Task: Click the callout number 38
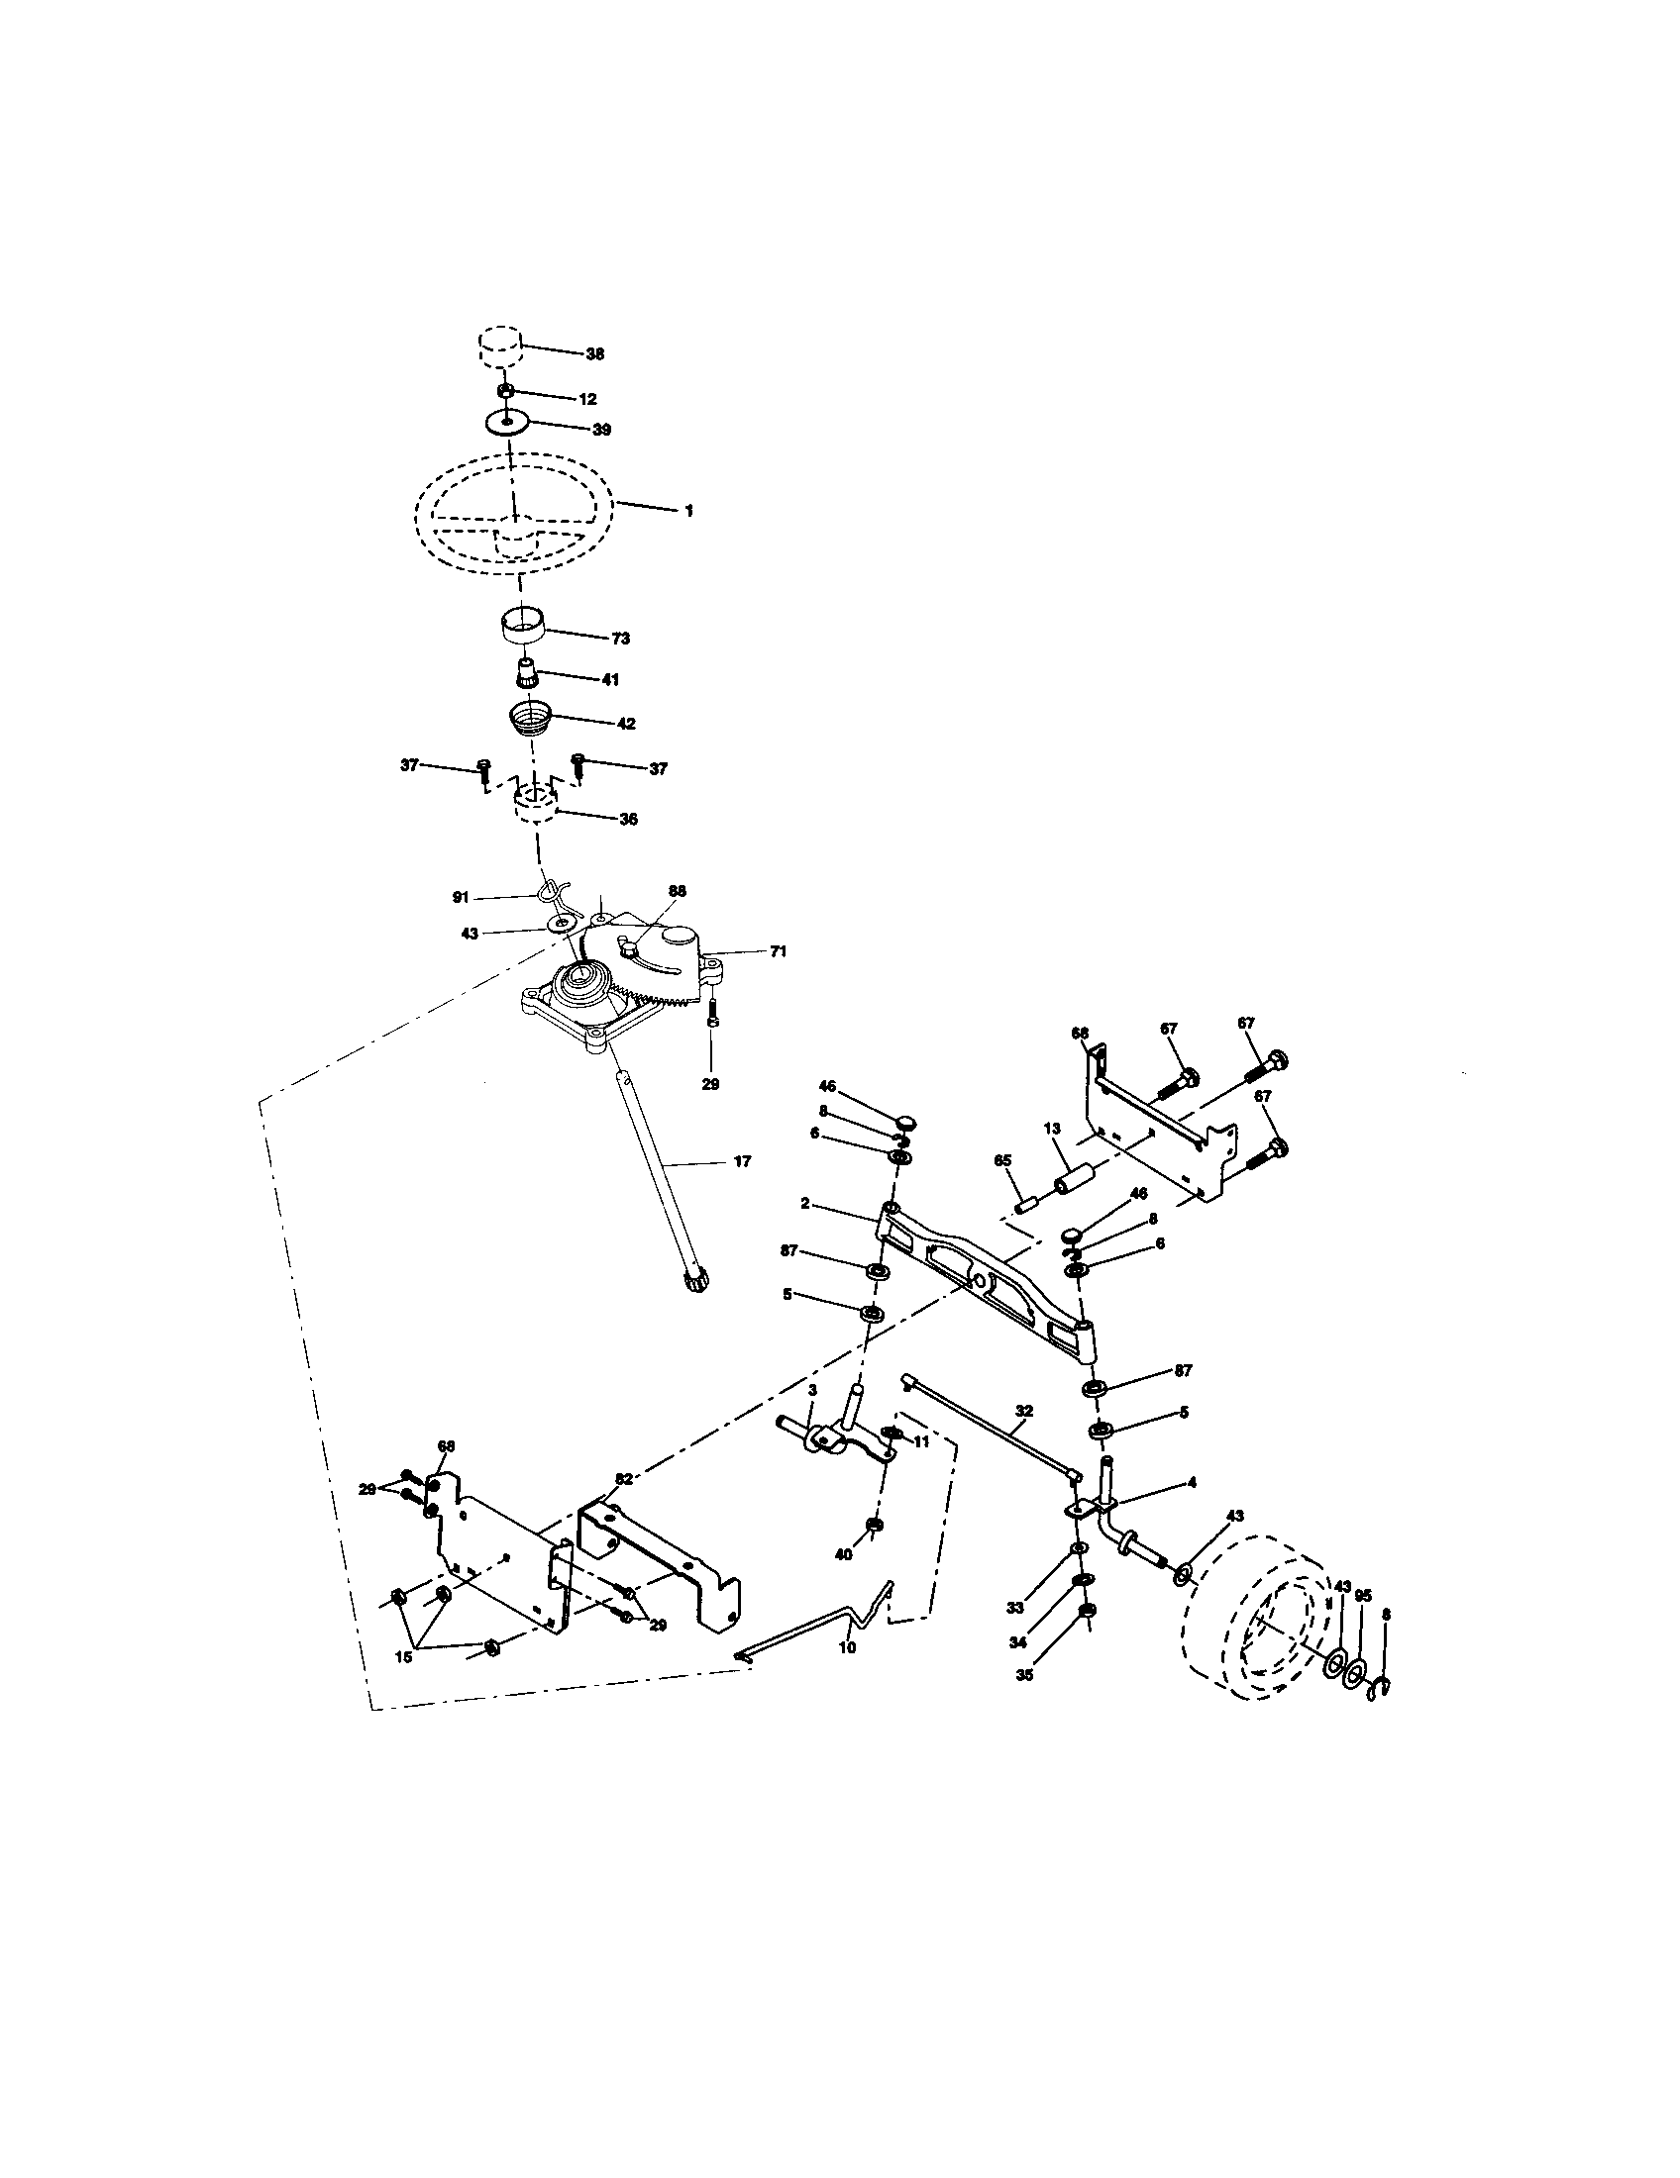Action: (594, 354)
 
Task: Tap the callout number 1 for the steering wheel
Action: (688, 510)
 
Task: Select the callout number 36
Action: (627, 819)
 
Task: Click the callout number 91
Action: (460, 898)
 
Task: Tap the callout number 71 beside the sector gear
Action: (778, 952)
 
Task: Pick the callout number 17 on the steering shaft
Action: (741, 1162)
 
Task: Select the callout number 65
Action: (1002, 1161)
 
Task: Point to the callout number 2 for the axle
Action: (804, 1204)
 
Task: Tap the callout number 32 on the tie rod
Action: (1023, 1411)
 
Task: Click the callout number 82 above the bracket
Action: (623, 1507)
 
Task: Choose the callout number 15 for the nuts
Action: (403, 1657)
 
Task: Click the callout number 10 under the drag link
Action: (847, 1648)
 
